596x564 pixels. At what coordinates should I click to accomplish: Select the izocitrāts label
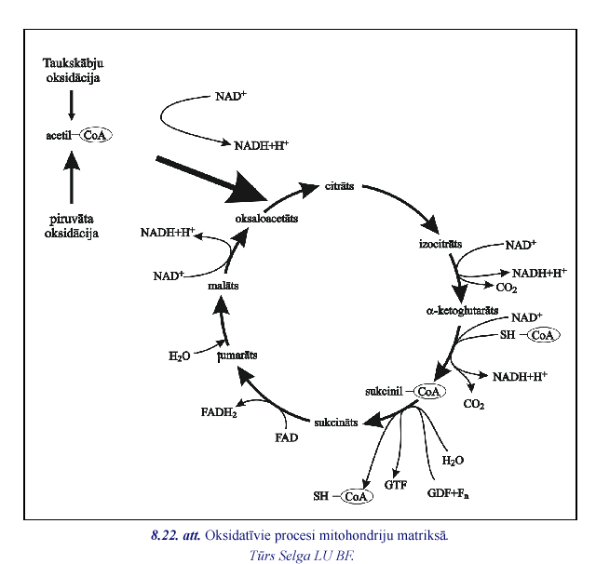click(x=441, y=244)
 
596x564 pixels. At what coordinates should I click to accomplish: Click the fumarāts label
click(x=237, y=355)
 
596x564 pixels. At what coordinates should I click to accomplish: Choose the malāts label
click(x=223, y=286)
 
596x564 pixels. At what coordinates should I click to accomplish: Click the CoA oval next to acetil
click(x=95, y=135)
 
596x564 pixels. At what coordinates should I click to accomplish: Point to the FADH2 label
click(x=219, y=411)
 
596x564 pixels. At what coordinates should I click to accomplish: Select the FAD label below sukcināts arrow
click(x=286, y=436)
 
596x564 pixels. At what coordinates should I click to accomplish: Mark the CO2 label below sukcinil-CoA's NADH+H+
click(x=475, y=405)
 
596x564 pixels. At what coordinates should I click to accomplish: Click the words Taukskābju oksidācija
click(x=72, y=70)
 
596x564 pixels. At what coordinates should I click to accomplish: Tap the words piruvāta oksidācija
click(x=72, y=225)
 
